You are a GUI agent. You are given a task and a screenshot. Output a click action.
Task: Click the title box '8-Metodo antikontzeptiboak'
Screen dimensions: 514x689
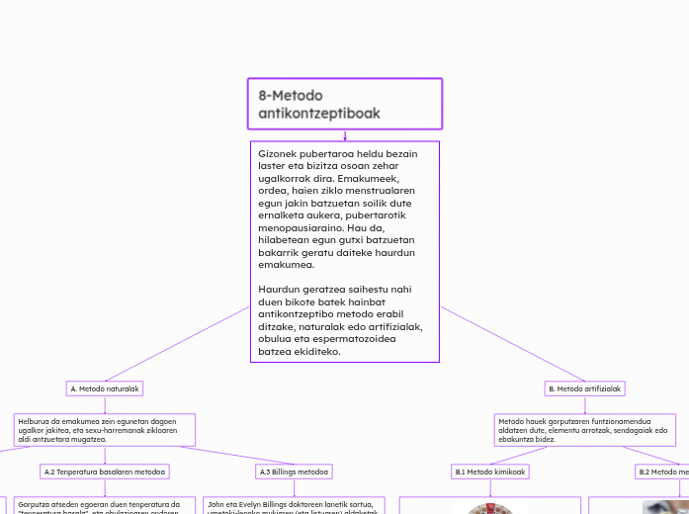344,104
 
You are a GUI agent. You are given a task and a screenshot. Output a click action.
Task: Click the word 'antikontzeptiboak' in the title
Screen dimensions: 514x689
319,114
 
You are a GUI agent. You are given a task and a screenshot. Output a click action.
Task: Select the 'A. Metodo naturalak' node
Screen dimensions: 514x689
105,388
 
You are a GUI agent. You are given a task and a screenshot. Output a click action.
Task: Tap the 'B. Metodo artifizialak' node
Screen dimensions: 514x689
585,388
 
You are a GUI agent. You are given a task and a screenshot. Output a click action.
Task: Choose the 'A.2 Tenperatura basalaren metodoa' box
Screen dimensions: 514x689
105,471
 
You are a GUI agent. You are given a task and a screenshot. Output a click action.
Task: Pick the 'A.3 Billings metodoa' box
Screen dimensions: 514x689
295,471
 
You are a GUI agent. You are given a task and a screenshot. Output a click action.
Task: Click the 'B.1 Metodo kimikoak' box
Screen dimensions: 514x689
489,471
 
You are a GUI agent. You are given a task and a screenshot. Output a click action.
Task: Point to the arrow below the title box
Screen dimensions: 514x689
345,135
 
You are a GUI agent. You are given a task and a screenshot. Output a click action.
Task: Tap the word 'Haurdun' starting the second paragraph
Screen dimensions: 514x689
281,290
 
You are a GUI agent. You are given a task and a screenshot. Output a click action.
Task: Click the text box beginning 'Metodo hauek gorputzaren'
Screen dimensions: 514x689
583,429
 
